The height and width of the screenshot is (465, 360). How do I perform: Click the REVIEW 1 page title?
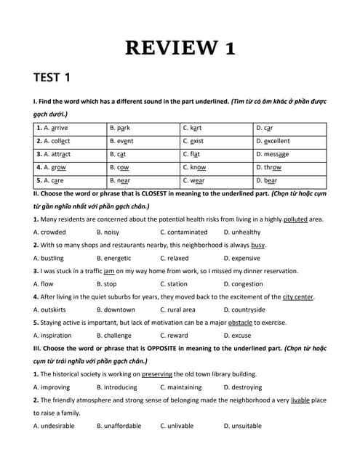tap(180, 47)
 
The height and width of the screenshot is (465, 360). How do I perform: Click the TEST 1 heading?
tap(52, 78)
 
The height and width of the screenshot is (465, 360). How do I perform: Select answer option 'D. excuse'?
tap(237, 335)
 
